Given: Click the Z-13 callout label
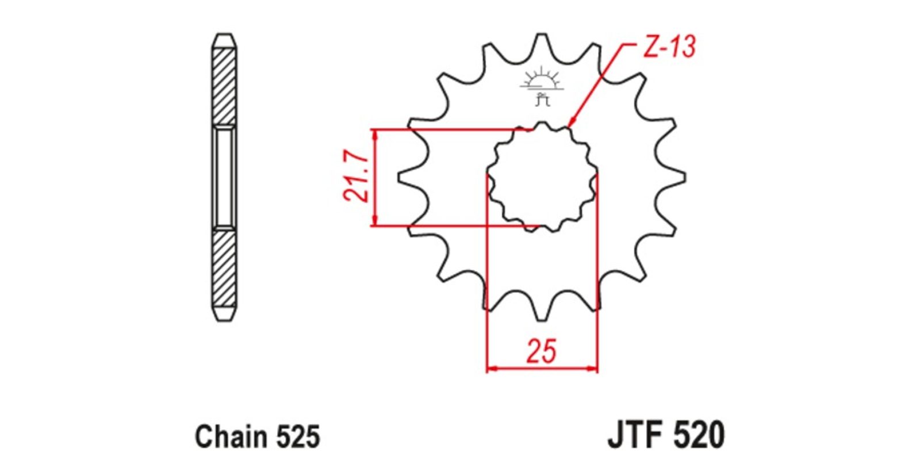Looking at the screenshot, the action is coord(669,47).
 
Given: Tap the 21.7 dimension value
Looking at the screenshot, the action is coord(355,175).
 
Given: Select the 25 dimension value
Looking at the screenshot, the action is coord(542,351).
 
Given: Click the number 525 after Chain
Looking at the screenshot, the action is coord(298,436).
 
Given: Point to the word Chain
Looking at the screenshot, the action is coord(231,436).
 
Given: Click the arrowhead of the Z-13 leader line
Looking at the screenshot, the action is coord(572,121).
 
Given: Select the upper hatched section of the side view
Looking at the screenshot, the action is coord(224,87).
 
